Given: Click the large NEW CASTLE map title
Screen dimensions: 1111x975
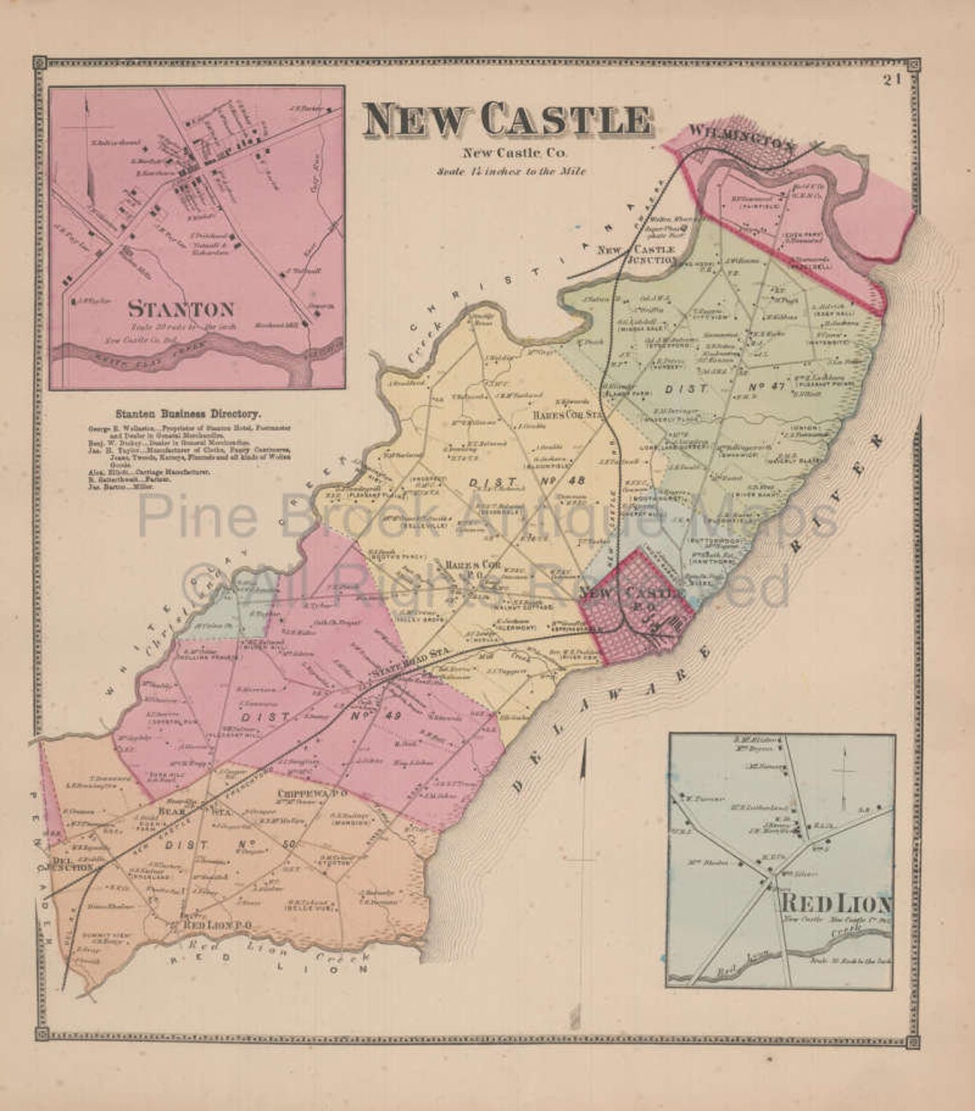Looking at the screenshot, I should tap(506, 121).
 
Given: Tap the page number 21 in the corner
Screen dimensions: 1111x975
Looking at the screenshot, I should tap(894, 80).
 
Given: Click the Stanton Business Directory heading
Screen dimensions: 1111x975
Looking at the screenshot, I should tap(196, 413).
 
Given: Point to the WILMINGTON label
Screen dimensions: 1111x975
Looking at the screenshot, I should tap(741, 138).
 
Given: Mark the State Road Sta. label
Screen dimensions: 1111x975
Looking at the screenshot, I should tap(397, 677).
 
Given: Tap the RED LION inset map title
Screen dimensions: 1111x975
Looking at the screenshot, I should tap(835, 903).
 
